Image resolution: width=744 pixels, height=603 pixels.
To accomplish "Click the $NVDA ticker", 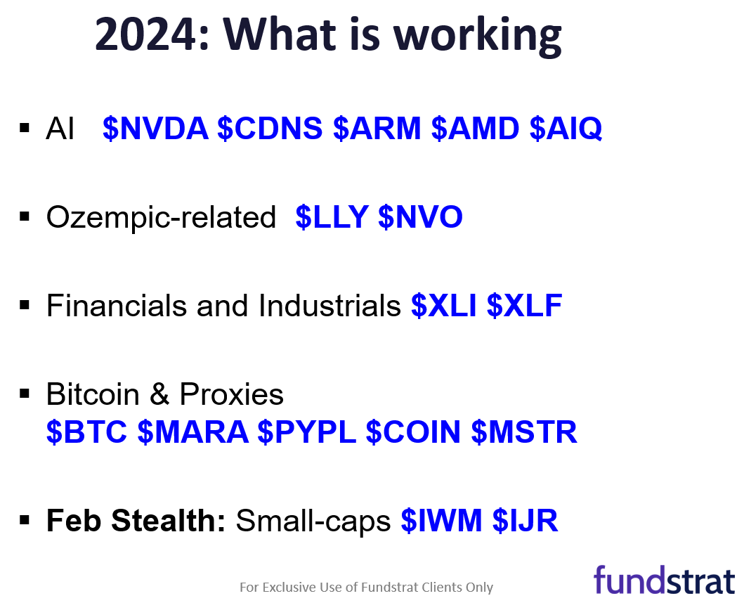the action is pyautogui.click(x=156, y=128).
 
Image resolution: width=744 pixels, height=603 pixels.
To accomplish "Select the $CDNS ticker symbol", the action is pyautogui.click(x=270, y=128).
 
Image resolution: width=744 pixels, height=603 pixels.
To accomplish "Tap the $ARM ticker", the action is pyautogui.click(x=377, y=128).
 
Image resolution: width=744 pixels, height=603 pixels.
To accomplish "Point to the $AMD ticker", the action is pyautogui.click(x=476, y=128).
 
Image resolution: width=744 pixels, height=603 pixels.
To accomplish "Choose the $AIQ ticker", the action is pyautogui.click(x=566, y=128).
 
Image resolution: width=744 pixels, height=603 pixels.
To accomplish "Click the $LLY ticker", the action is pyautogui.click(x=332, y=217).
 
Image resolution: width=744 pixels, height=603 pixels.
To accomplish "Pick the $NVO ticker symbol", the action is pyautogui.click(x=420, y=217).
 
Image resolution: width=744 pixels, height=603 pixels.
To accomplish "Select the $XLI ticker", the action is pyautogui.click(x=443, y=305).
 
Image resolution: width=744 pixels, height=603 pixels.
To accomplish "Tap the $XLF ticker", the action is pyautogui.click(x=524, y=305).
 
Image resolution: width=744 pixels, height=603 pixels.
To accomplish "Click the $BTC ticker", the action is pyautogui.click(x=87, y=432).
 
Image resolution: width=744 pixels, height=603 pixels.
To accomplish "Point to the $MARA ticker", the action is pyautogui.click(x=193, y=432).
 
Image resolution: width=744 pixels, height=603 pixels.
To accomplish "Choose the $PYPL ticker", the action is pyautogui.click(x=307, y=432).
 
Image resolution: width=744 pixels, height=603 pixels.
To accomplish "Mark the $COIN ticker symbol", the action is pyautogui.click(x=413, y=432).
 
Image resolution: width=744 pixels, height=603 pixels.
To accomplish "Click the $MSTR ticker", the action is pyautogui.click(x=524, y=432).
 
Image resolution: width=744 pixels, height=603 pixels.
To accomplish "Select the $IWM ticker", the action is pyautogui.click(x=442, y=520).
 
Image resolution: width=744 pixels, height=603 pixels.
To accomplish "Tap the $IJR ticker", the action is pyautogui.click(x=526, y=520).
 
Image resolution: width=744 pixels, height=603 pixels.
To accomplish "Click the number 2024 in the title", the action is pyautogui.click(x=145, y=34).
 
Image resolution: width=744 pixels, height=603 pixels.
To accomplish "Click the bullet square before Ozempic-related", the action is pyautogui.click(x=25, y=216).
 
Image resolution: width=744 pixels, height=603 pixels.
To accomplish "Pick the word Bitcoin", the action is pyautogui.click(x=93, y=394).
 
